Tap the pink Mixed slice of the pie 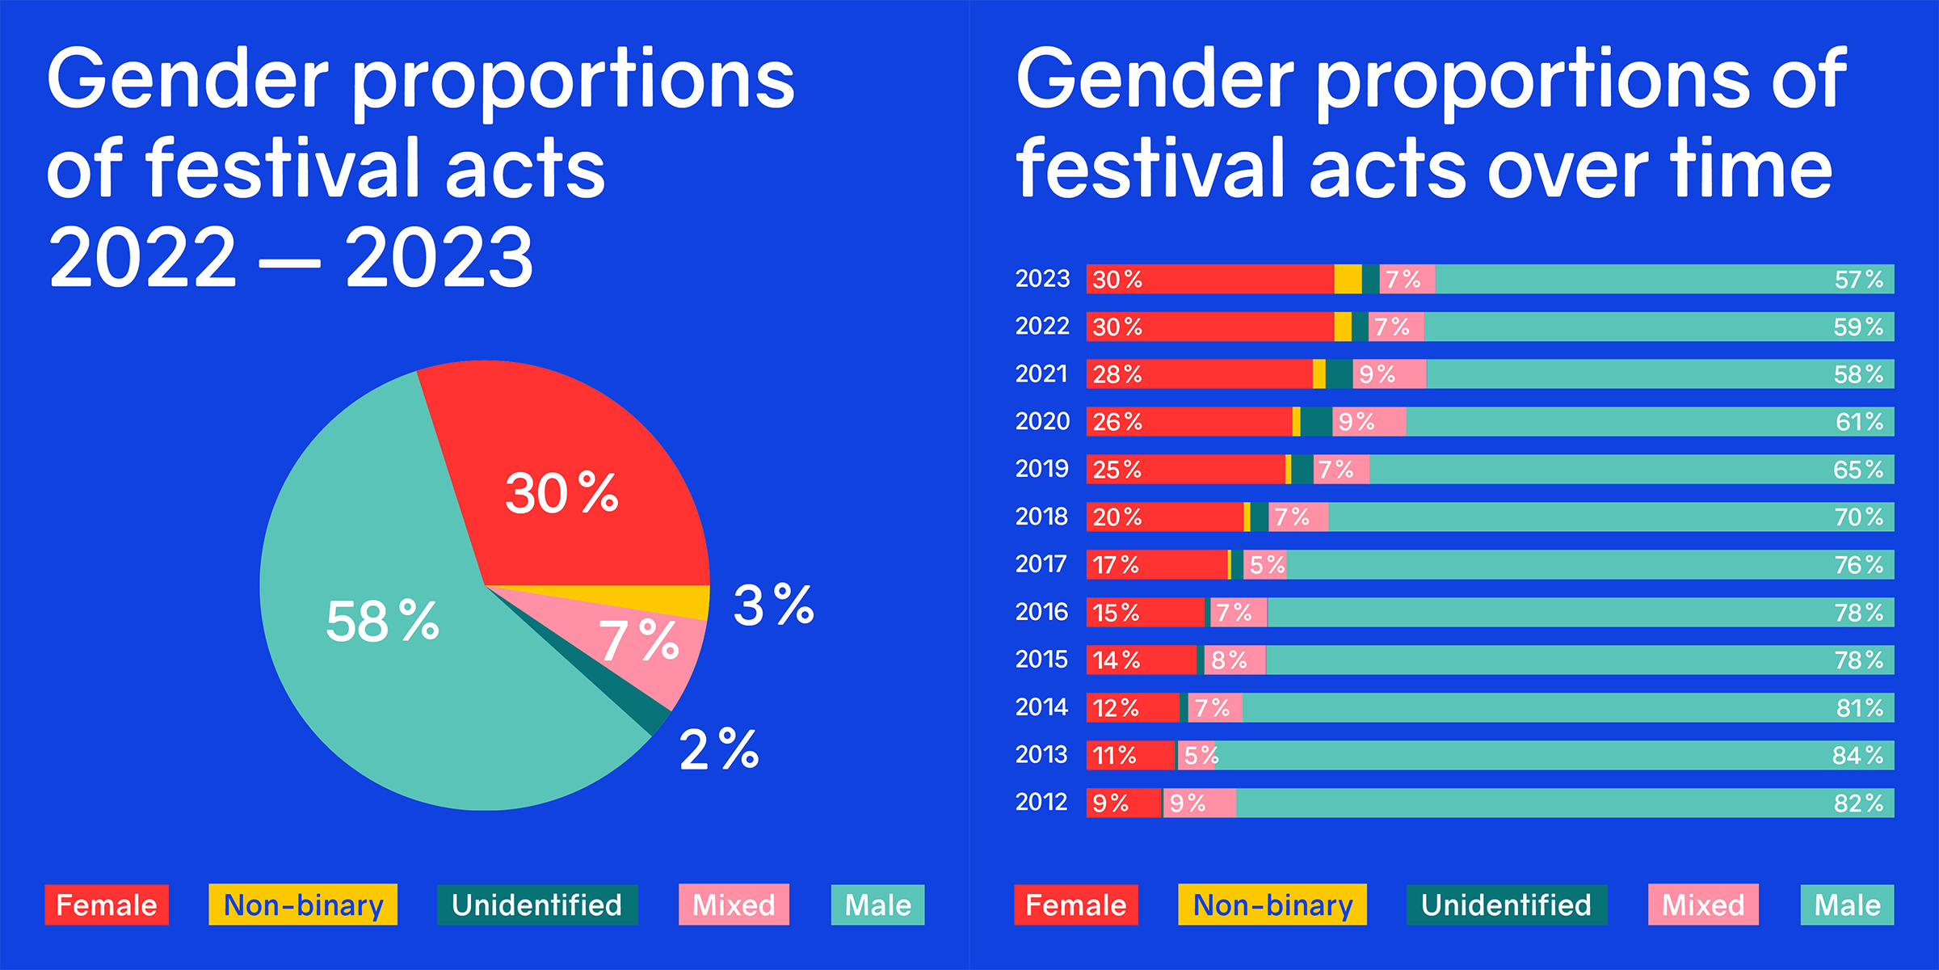[x=646, y=647]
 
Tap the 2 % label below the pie [x=719, y=749]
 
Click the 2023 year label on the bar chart [x=1042, y=279]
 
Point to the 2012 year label [x=1042, y=802]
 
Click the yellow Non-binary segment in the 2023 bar [x=1348, y=279]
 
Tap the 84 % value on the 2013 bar [x=1858, y=755]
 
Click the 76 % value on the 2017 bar [x=1858, y=564]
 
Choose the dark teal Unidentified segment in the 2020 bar [x=1316, y=422]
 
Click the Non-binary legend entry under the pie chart [x=303, y=905]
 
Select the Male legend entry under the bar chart [x=1847, y=905]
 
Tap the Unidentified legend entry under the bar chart [x=1506, y=905]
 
